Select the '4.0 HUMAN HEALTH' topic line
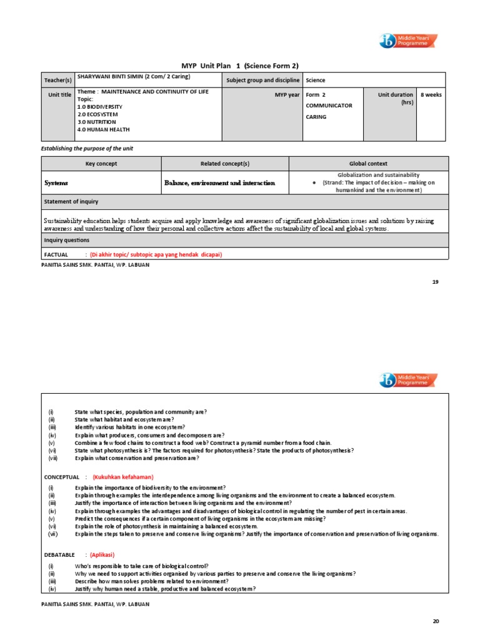(104, 129)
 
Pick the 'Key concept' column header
(101, 164)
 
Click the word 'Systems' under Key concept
(56, 183)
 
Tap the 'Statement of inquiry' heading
(71, 201)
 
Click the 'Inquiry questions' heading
(66, 240)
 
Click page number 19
(436, 282)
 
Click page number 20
(436, 621)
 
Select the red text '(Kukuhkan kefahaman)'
(123, 477)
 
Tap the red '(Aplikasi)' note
(102, 554)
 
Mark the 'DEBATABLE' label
(60, 554)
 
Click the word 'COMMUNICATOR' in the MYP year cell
(329, 106)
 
